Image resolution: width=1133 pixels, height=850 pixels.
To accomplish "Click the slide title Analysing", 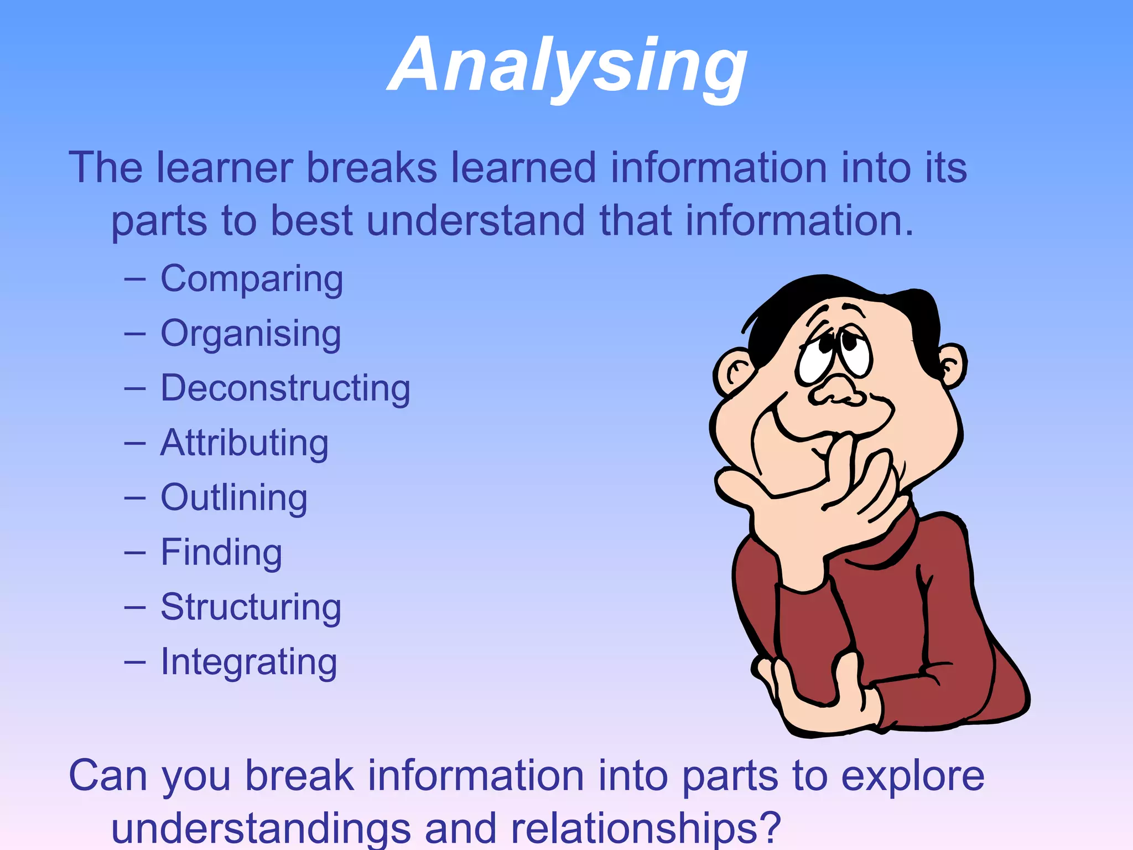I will (568, 65).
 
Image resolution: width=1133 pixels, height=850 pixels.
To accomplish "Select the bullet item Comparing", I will (252, 279).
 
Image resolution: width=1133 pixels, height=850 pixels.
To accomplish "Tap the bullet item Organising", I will (251, 334).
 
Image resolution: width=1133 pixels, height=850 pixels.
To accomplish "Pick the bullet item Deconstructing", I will (285, 388).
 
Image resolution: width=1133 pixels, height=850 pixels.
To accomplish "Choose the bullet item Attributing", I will (245, 443).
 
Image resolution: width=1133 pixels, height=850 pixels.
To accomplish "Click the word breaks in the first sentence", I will (372, 167).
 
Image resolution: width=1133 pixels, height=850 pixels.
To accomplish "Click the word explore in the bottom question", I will (913, 776).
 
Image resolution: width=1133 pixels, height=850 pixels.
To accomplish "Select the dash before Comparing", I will (135, 280).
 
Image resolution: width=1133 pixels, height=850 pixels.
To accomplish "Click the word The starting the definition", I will (105, 167).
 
